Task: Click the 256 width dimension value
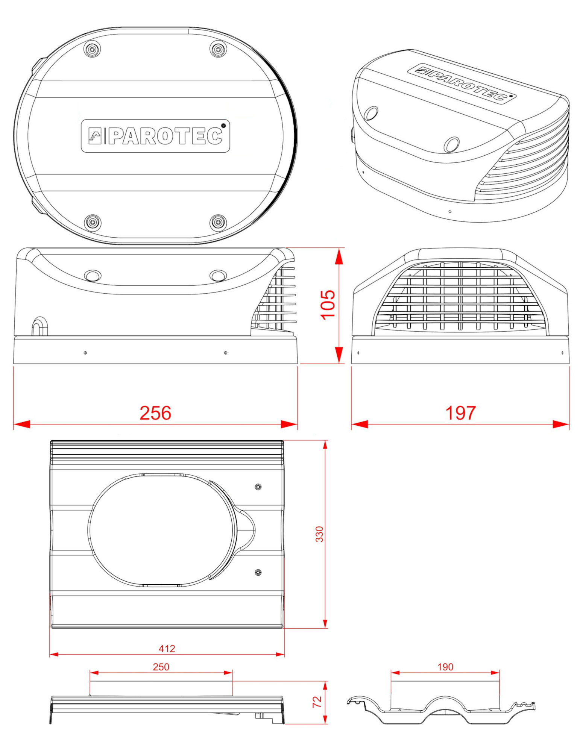155,413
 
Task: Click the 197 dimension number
460,413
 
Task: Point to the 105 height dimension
328,305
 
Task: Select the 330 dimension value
319,534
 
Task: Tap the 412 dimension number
167,649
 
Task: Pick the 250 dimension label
161,667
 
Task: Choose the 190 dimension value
445,667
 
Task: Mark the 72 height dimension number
317,702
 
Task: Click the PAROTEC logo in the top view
155,136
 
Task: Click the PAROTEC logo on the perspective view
462,83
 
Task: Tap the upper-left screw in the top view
93,49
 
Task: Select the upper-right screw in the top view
218,49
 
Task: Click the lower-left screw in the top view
93,223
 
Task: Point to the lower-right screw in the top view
218,223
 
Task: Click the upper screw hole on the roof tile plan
258,487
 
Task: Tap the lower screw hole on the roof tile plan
258,572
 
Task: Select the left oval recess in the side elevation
93,275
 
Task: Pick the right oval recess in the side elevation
218,275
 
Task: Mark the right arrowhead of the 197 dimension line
561,425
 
